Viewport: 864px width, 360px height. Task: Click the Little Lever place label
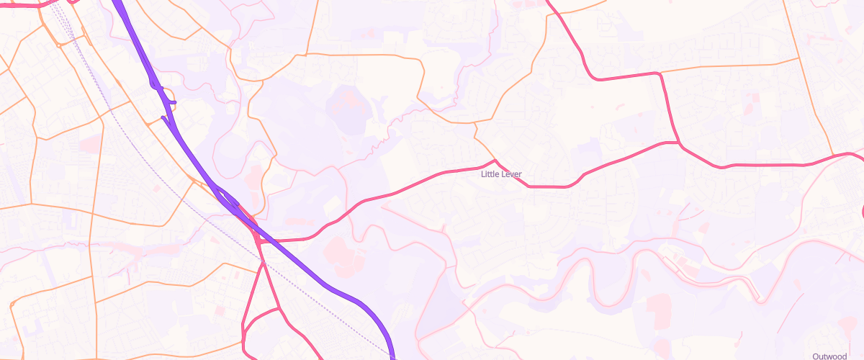[x=501, y=174]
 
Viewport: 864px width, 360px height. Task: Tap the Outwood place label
[x=829, y=356]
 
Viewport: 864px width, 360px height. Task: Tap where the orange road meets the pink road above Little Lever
[x=494, y=160]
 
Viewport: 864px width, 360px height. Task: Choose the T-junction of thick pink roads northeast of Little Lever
[x=679, y=143]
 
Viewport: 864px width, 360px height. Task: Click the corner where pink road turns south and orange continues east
[x=660, y=73]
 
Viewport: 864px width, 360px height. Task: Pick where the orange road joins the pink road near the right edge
[x=834, y=156]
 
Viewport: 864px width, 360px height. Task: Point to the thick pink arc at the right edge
[x=862, y=209]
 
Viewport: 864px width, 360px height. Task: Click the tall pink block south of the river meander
[x=658, y=310]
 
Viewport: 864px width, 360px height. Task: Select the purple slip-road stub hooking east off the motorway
[x=171, y=102]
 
